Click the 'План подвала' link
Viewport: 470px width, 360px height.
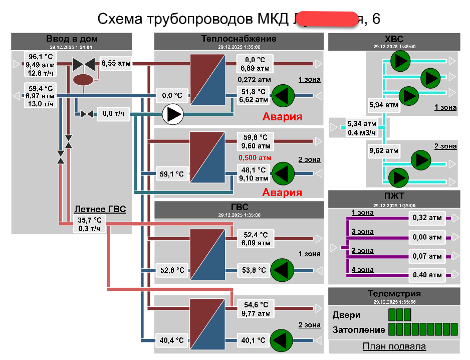click(394, 346)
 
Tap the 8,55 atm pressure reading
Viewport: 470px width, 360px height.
click(116, 63)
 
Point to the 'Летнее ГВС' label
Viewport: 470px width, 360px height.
click(100, 209)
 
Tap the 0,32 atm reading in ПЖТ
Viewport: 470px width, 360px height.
click(427, 218)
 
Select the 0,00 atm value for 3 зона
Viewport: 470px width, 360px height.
click(427, 237)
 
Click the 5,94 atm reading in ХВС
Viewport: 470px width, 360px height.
click(383, 105)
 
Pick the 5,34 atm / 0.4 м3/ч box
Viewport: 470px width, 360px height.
click(362, 128)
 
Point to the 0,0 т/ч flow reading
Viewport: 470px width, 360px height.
click(114, 114)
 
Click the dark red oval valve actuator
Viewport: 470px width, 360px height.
click(84, 80)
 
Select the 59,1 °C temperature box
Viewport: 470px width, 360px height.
click(171, 175)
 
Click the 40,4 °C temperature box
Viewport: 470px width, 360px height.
click(171, 340)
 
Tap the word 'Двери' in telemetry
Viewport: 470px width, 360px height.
click(346, 315)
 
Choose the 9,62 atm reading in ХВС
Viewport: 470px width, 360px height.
click(383, 150)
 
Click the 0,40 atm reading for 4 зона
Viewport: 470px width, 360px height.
click(427, 274)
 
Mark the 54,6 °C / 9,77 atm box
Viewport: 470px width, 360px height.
click(256, 309)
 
